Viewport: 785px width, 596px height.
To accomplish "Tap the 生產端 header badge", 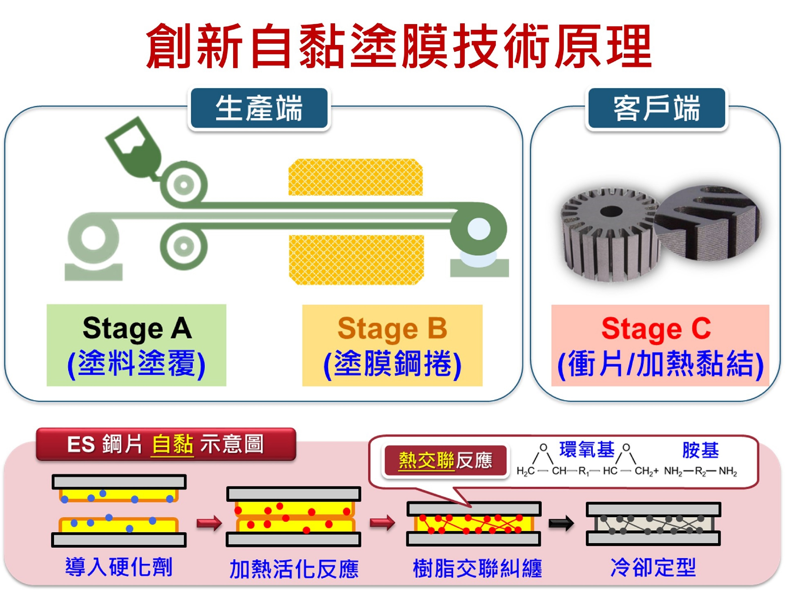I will click(259, 108).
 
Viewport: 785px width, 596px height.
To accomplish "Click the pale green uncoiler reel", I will click(93, 237).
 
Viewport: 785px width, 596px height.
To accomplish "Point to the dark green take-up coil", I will click(478, 229).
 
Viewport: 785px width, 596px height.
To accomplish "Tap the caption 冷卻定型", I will click(653, 568).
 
